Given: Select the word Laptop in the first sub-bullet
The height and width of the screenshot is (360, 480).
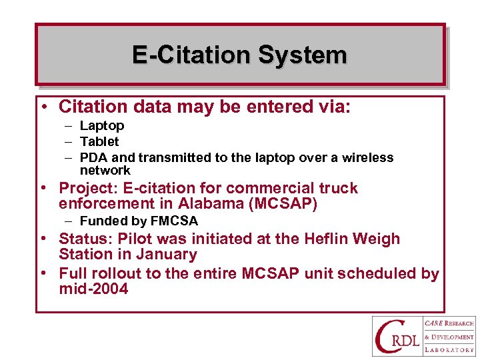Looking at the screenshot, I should click(102, 125).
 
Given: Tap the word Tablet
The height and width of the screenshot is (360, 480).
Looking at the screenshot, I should click(99, 141).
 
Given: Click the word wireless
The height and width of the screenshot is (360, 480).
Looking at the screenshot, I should click(367, 157).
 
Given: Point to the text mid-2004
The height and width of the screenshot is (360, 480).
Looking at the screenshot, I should click(93, 289).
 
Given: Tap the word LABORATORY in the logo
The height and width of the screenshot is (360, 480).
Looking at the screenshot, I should click(450, 349).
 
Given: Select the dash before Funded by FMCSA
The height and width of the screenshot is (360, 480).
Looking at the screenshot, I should click(69, 221).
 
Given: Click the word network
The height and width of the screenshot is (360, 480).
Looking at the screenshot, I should click(105, 170).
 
